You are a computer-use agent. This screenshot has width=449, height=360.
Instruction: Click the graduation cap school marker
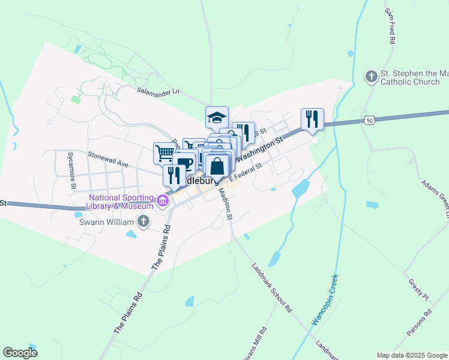[217, 117]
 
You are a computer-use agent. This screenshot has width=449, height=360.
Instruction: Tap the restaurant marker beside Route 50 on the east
[312, 119]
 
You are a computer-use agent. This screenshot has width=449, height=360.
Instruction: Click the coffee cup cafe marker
[184, 163]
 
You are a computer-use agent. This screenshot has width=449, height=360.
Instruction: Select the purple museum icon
[162, 200]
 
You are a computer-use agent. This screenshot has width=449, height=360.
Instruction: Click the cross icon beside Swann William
[143, 221]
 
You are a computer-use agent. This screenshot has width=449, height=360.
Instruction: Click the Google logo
[20, 352]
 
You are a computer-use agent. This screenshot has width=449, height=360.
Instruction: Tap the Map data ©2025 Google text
[411, 355]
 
